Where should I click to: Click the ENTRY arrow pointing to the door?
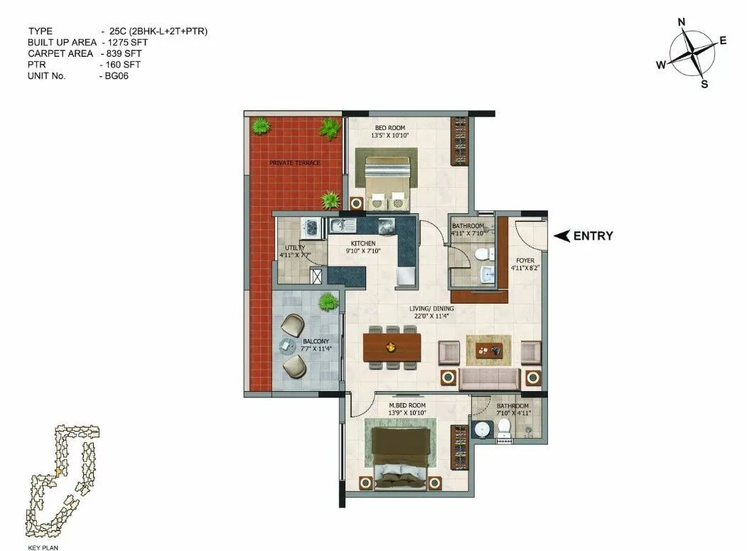point(562,236)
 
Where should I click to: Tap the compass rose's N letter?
point(682,23)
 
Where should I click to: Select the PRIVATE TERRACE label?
point(294,163)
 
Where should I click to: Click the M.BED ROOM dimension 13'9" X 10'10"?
point(407,412)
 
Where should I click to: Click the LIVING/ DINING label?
point(431,309)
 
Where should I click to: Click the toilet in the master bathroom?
point(505,427)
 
